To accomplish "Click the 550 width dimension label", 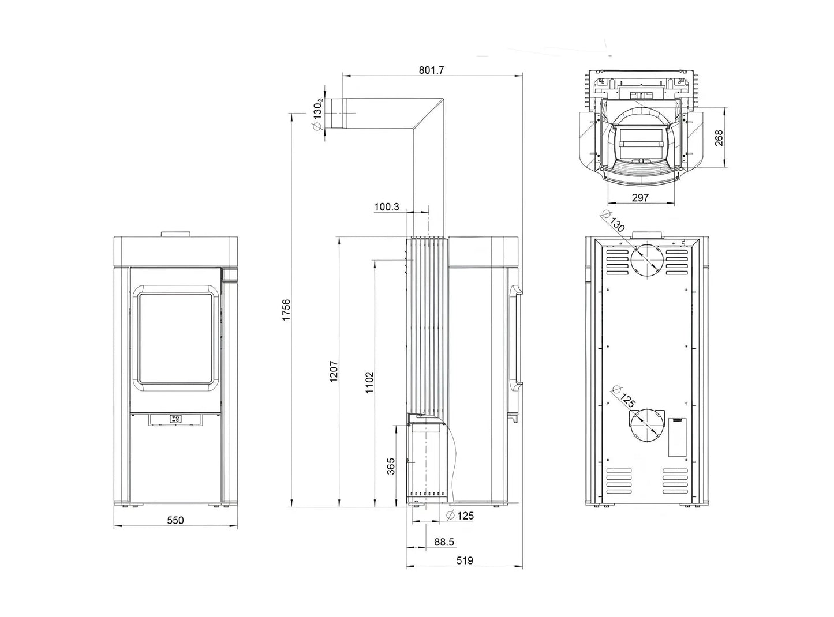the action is point(175,521).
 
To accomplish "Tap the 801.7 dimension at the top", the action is point(431,70).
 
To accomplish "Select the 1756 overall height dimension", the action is point(286,310).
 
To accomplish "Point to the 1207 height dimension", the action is point(334,371).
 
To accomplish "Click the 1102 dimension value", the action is point(369,382).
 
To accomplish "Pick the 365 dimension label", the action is point(391,466).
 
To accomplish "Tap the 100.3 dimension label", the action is point(387,207).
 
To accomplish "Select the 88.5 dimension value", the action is point(444,542).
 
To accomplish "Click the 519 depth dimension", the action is point(465,571).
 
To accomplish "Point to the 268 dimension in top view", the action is point(719,138).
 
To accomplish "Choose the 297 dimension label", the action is point(640,198).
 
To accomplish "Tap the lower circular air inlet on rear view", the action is point(645,426).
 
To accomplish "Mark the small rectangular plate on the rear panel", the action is point(676,438).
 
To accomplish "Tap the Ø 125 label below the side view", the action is point(460,516).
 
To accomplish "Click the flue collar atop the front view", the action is point(175,234).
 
